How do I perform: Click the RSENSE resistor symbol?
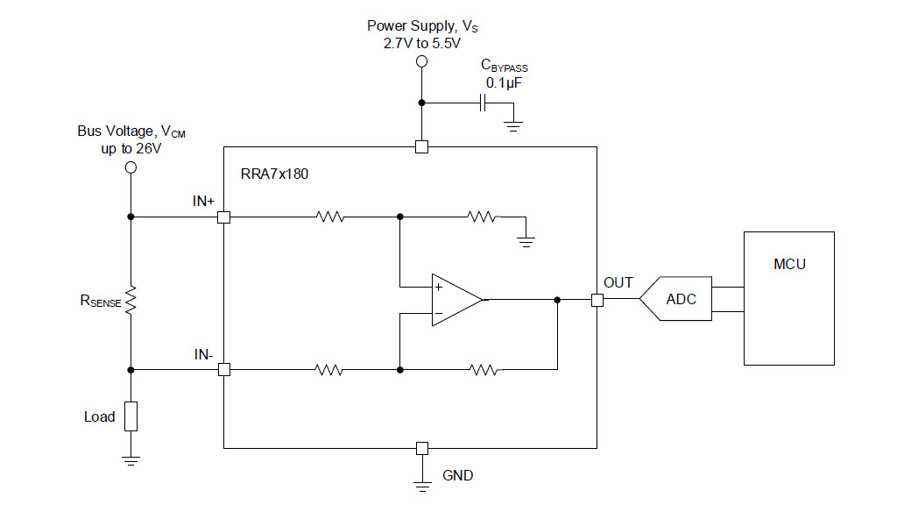tap(131, 300)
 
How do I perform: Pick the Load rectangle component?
tap(131, 416)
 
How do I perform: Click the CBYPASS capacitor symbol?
tap(483, 103)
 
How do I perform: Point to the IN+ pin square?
tap(224, 217)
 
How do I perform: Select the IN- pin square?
tap(224, 370)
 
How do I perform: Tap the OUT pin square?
tap(597, 300)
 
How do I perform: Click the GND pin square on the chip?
tap(422, 448)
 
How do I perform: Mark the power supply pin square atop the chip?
tap(421, 147)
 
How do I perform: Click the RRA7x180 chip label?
tap(274, 174)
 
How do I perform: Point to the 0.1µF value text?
tap(504, 83)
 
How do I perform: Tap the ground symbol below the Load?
tap(131, 460)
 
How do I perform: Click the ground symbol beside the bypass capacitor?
tap(513, 126)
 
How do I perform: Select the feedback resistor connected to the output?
tap(484, 370)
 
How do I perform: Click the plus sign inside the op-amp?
tap(439, 287)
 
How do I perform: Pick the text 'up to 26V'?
tap(131, 149)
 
